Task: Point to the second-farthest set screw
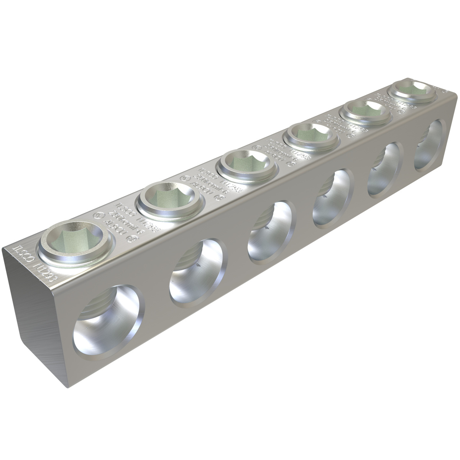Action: tap(365, 108)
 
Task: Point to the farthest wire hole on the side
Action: tap(430, 145)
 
